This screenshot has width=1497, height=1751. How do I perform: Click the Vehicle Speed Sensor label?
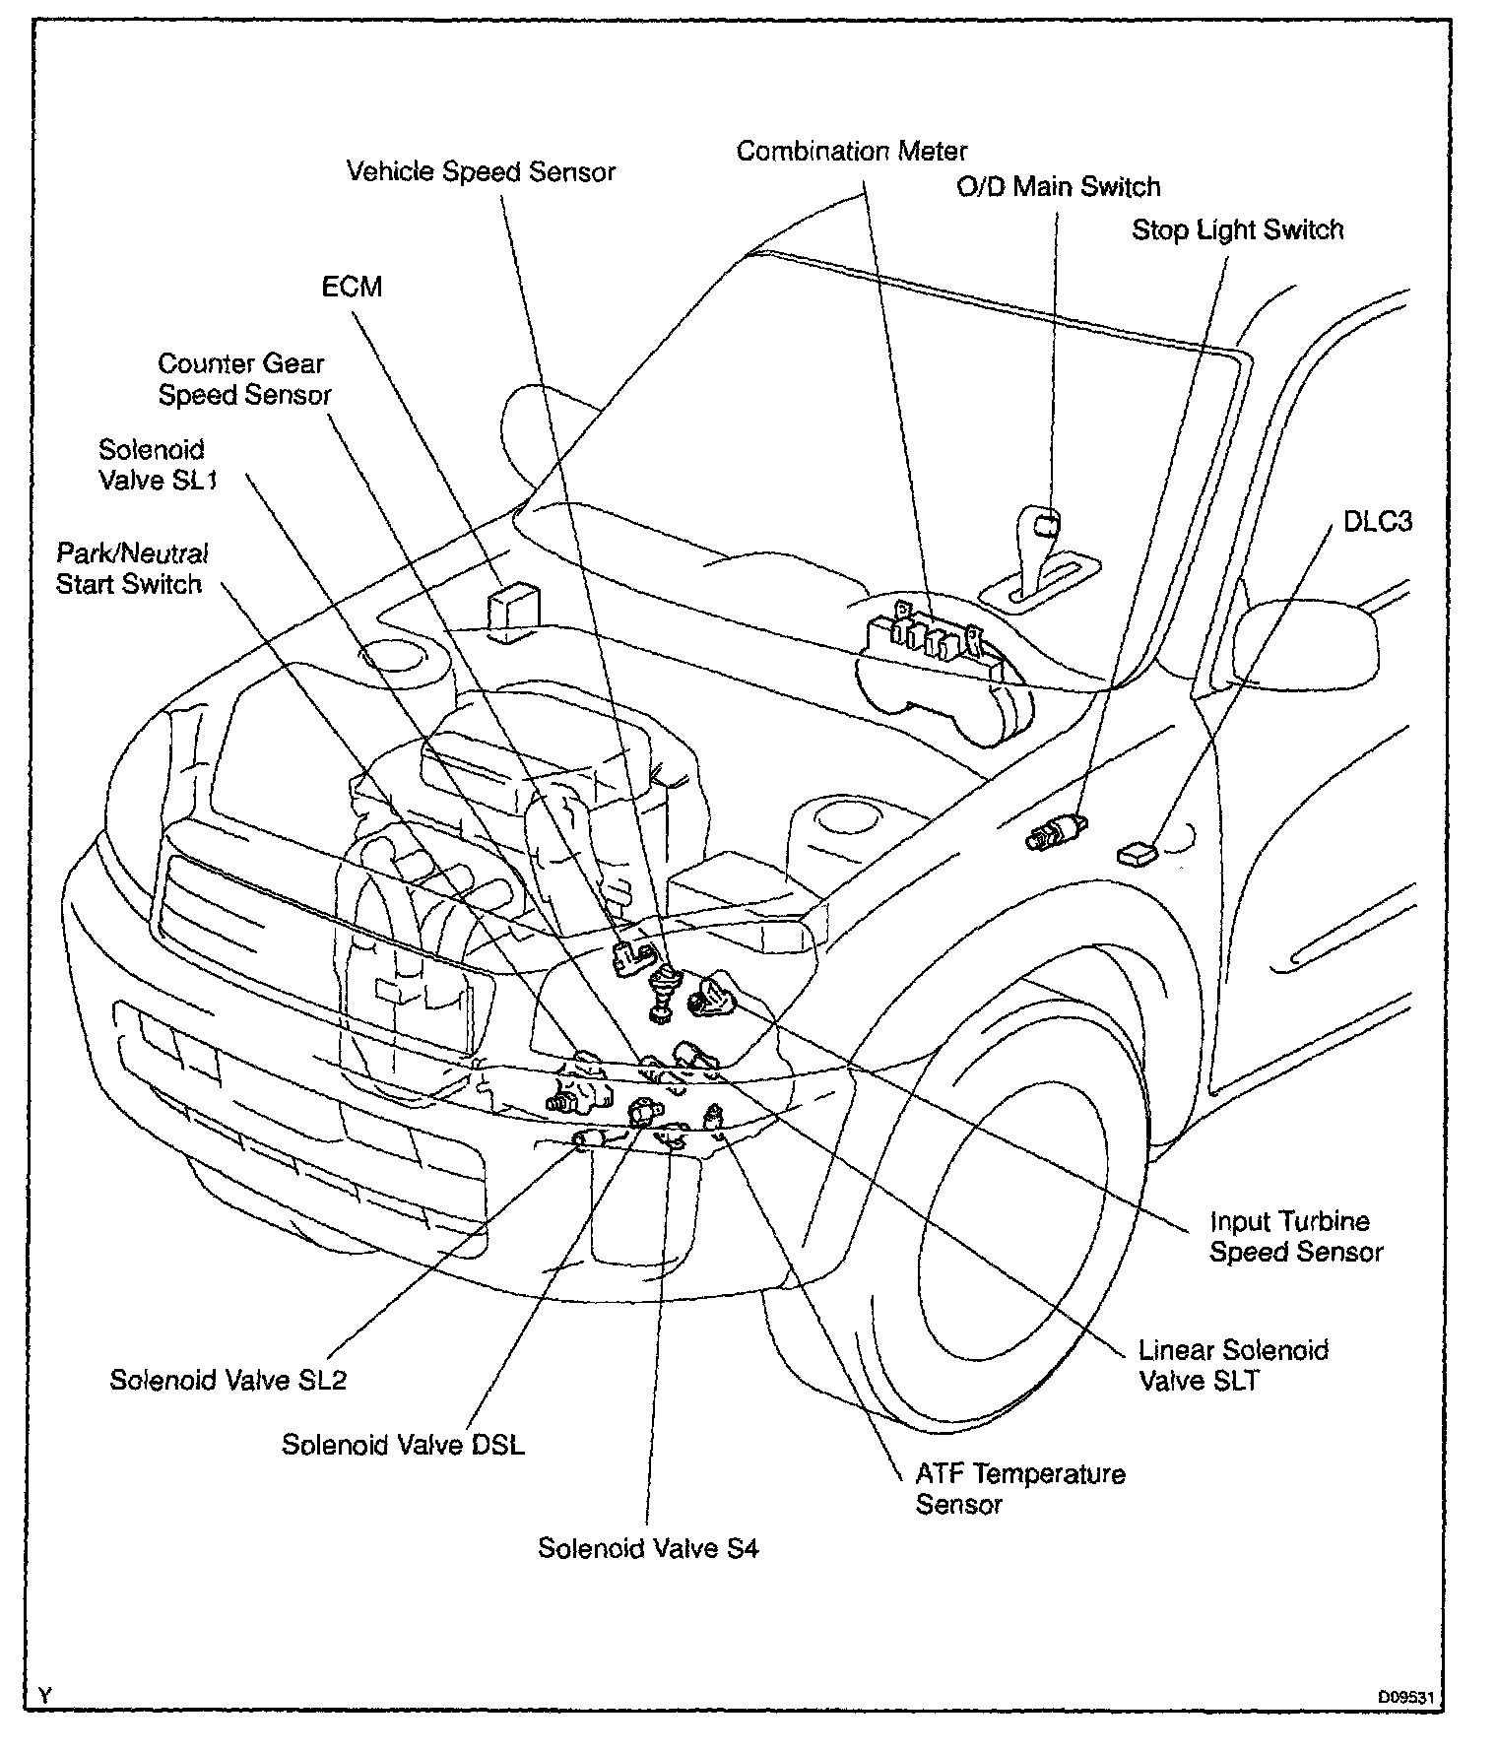point(481,172)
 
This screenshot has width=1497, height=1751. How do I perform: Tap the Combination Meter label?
point(852,152)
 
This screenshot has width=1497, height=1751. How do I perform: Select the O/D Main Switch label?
point(1059,187)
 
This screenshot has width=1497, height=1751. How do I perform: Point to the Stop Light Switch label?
point(1237,230)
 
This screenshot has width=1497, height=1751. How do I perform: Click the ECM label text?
point(352,288)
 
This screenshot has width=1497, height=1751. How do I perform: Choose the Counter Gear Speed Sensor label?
point(243,379)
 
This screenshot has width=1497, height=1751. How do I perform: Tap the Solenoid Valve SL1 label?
point(157,465)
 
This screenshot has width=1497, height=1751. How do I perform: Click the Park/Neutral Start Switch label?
point(130,568)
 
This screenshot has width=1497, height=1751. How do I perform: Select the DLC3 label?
point(1377,521)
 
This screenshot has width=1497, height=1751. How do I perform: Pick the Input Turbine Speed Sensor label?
point(1295,1237)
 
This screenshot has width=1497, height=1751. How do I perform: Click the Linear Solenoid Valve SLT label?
point(1233,1365)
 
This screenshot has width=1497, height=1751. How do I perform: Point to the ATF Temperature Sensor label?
point(1019,1489)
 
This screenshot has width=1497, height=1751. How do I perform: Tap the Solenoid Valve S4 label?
point(648,1549)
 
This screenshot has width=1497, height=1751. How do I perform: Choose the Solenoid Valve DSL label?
point(403,1445)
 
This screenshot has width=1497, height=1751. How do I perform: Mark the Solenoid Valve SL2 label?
point(228,1380)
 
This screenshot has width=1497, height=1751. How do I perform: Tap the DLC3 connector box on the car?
point(1137,852)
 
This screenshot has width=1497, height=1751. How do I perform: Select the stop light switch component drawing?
point(1055,830)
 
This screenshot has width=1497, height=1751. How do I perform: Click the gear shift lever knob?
point(1041,523)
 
